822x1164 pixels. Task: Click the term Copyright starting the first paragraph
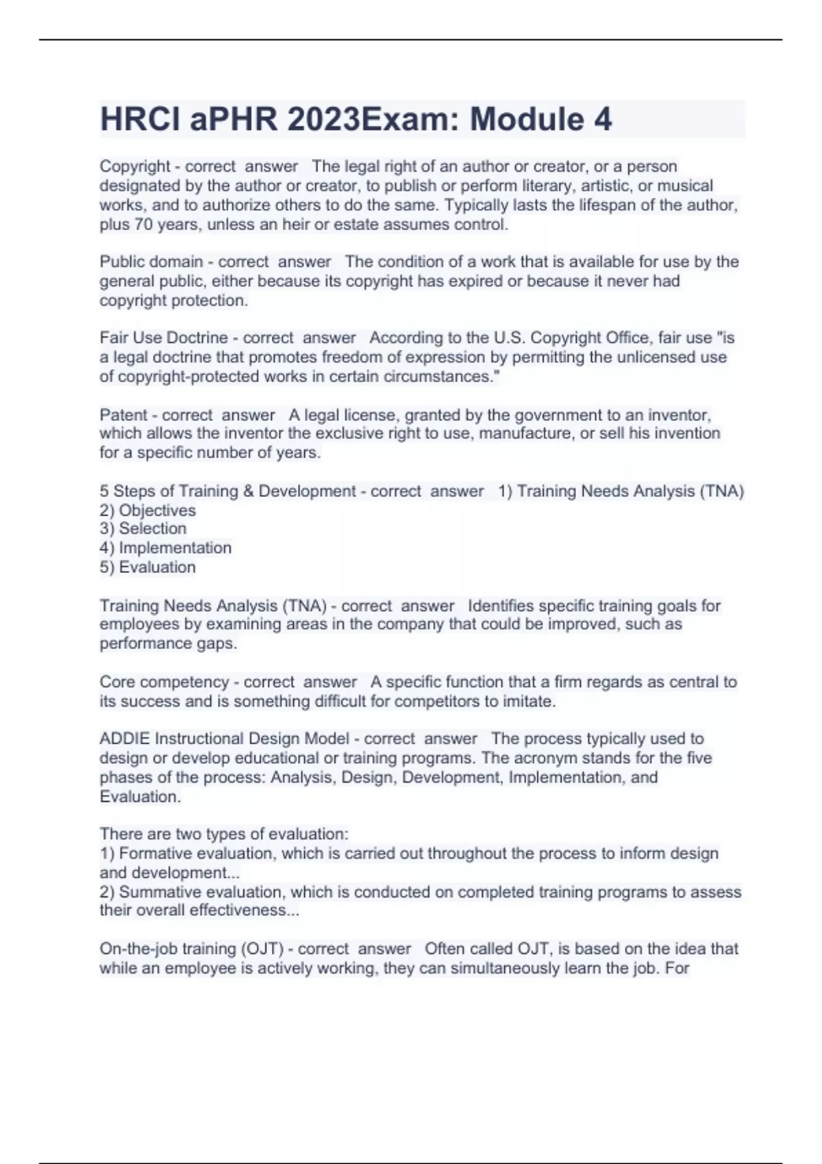tap(135, 166)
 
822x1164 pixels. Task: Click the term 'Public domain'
tap(151, 262)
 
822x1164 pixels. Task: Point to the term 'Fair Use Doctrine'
tap(164, 338)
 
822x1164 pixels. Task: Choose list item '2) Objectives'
tap(147, 510)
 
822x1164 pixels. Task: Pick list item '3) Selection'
tap(142, 529)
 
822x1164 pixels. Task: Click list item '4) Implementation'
tap(165, 548)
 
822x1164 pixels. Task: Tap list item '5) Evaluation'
tap(147, 567)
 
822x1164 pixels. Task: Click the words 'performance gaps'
tap(167, 644)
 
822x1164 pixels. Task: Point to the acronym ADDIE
tap(125, 739)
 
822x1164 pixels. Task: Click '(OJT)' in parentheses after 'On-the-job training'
tap(262, 949)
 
